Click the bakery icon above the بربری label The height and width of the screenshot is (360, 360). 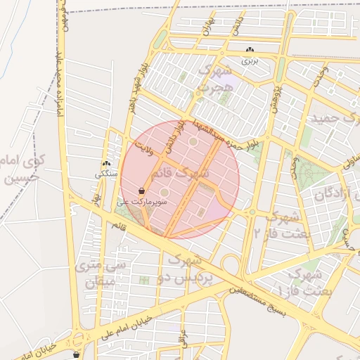251,50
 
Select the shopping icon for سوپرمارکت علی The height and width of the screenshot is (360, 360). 142,191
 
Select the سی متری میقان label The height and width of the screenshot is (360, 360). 100,275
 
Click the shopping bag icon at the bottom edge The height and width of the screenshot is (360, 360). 76,355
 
